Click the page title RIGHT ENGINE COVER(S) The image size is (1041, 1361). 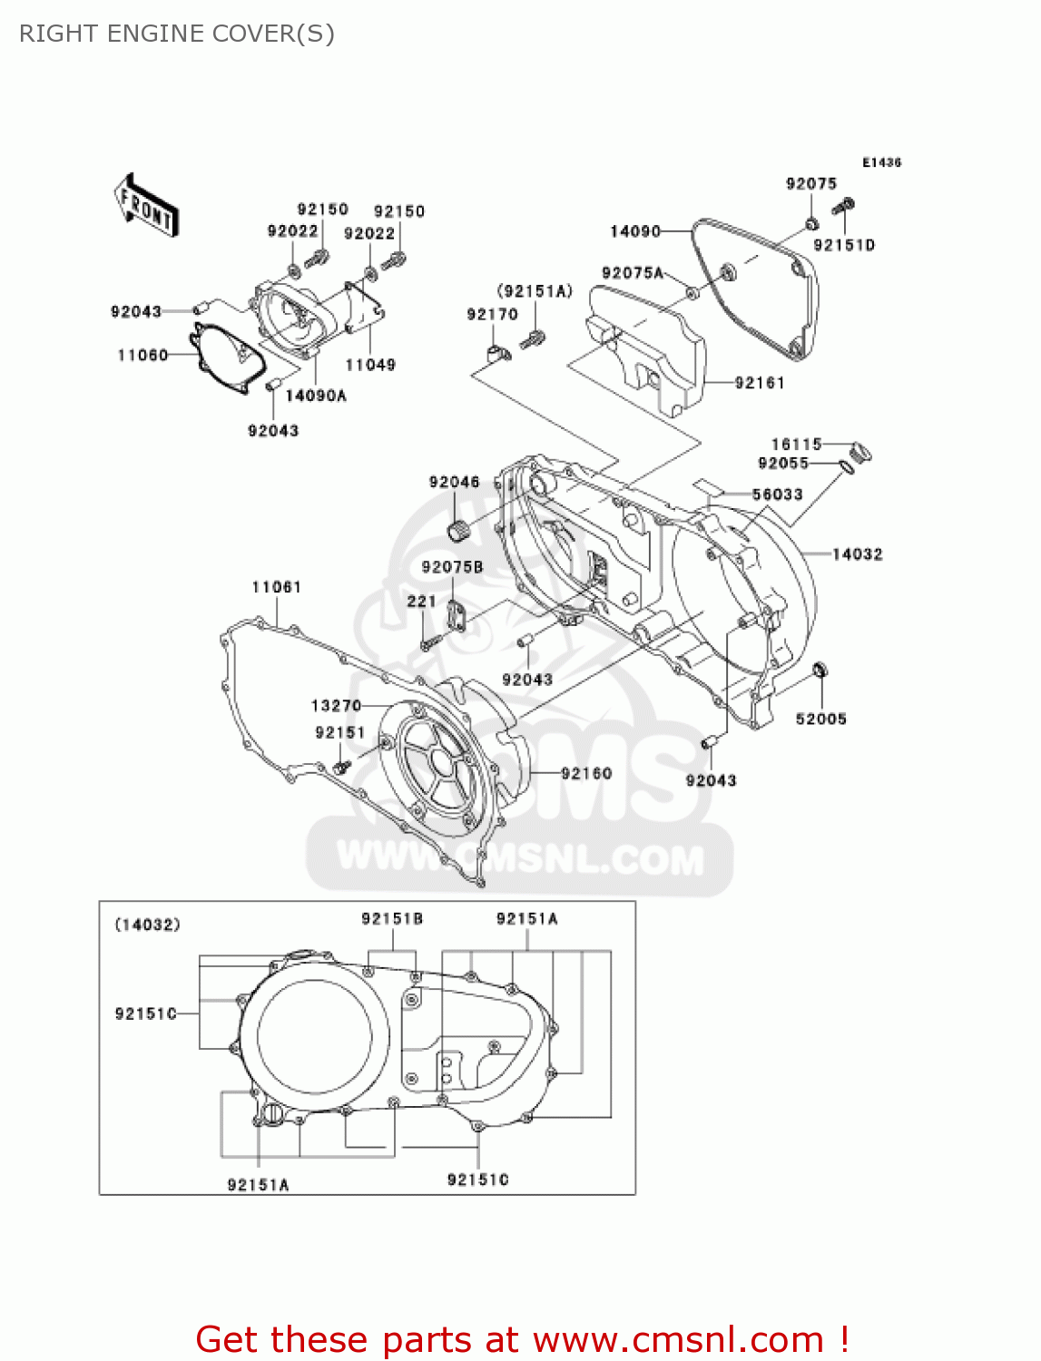pos(177,34)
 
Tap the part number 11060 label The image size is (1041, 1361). pos(142,355)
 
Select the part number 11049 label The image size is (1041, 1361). pos(370,365)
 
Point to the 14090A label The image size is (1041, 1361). pos(316,396)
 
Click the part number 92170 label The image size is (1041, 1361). pos(492,314)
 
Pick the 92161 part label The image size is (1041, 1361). pos(760,383)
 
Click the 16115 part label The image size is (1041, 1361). pos(796,444)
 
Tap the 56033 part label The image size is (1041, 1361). pos(778,494)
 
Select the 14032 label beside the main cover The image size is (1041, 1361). pos(858,553)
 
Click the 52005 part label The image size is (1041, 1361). pos(820,719)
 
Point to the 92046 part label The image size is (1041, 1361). pos(454,482)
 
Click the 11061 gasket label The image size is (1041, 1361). pos(276,587)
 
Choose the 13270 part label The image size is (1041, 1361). pos(336,705)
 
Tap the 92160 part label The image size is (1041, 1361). pos(586,773)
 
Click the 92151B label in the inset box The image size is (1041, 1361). pos(392,918)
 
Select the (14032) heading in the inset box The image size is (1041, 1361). pos(147,925)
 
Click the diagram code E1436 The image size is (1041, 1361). pos(881,162)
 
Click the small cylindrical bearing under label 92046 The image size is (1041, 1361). pos(458,528)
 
